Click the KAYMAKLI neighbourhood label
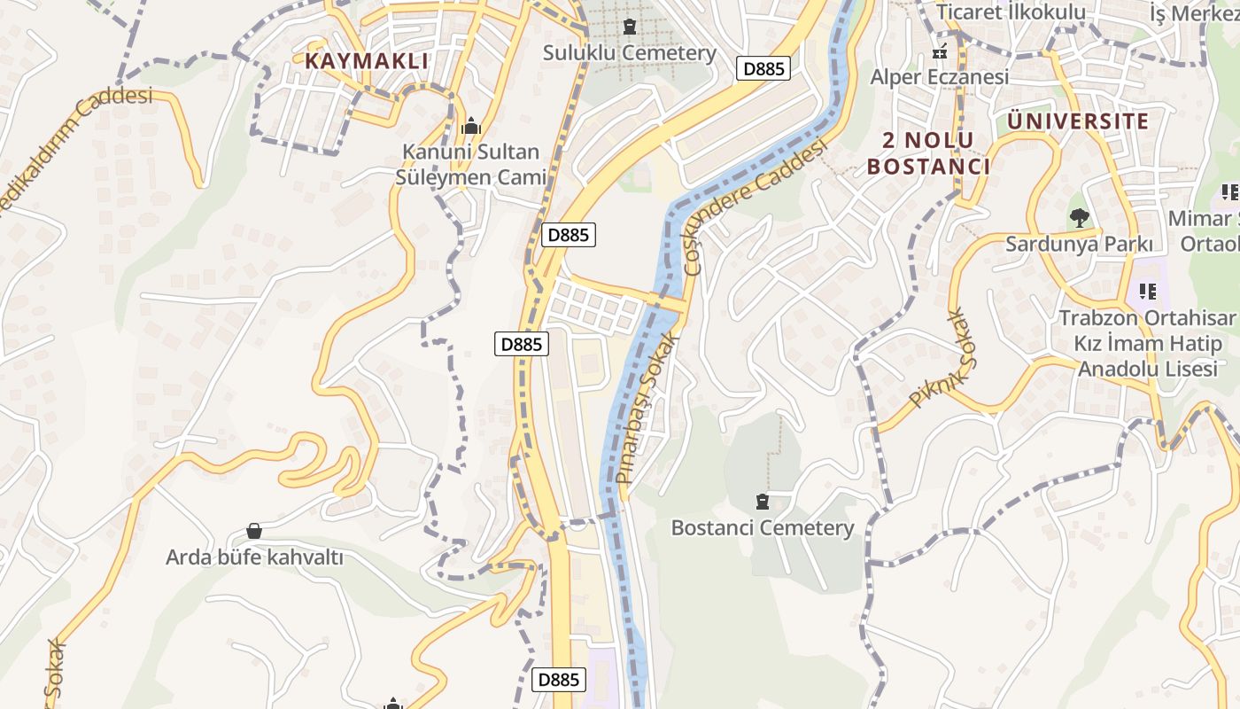tap(367, 61)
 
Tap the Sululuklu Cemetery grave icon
tap(630, 27)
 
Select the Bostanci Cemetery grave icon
tap(763, 502)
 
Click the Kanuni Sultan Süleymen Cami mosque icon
tap(471, 127)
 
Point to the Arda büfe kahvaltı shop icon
tap(254, 531)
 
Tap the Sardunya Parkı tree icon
tap(1079, 217)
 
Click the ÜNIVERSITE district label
tap(1078, 121)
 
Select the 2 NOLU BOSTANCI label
tap(928, 153)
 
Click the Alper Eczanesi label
tap(939, 77)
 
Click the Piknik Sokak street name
tap(941, 357)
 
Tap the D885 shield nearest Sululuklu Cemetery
tap(763, 68)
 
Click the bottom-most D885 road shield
tap(559, 680)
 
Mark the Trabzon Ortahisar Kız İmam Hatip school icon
tap(1148, 291)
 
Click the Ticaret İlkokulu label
tap(1011, 12)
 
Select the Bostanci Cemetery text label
tap(763, 528)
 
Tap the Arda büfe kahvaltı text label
tap(254, 557)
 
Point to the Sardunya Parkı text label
tap(1079, 244)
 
